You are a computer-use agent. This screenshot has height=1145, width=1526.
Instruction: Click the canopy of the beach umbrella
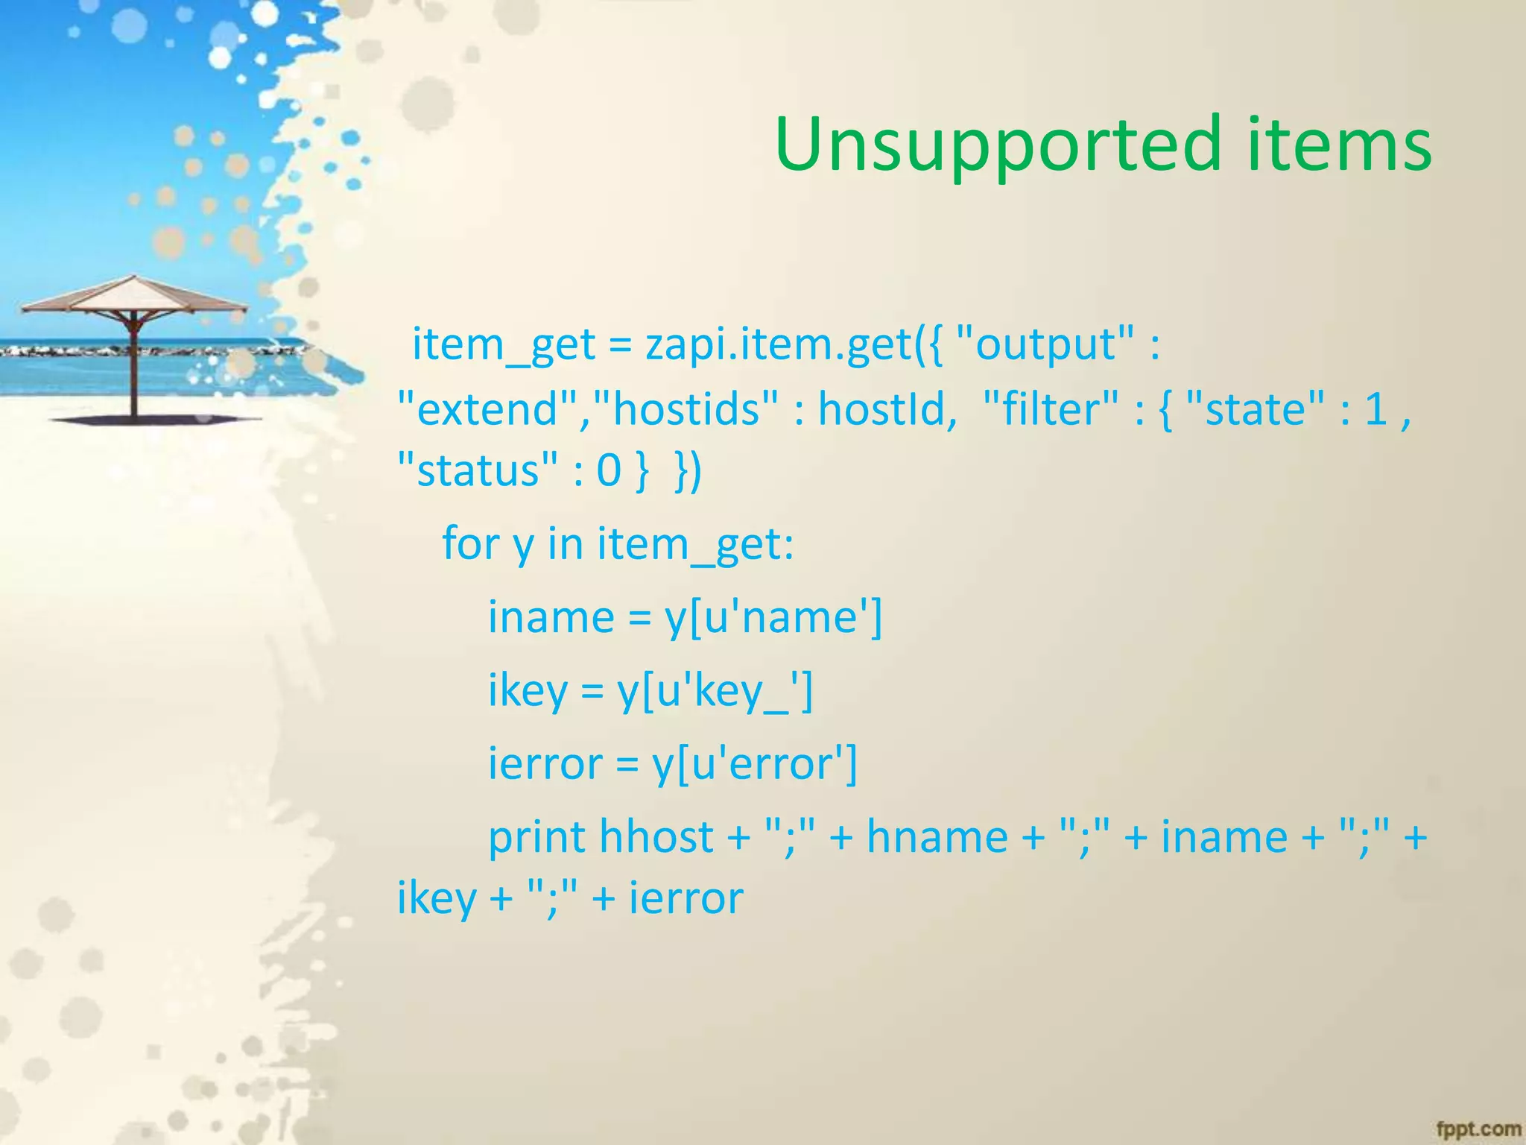[x=134, y=295]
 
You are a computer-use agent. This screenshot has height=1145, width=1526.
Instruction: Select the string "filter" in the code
[x=1051, y=409]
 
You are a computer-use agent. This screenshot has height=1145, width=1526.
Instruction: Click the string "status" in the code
[x=478, y=470]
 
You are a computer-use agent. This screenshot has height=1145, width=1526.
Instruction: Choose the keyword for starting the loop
[x=470, y=543]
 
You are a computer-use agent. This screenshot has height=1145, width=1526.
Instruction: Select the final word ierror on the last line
[x=686, y=898]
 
